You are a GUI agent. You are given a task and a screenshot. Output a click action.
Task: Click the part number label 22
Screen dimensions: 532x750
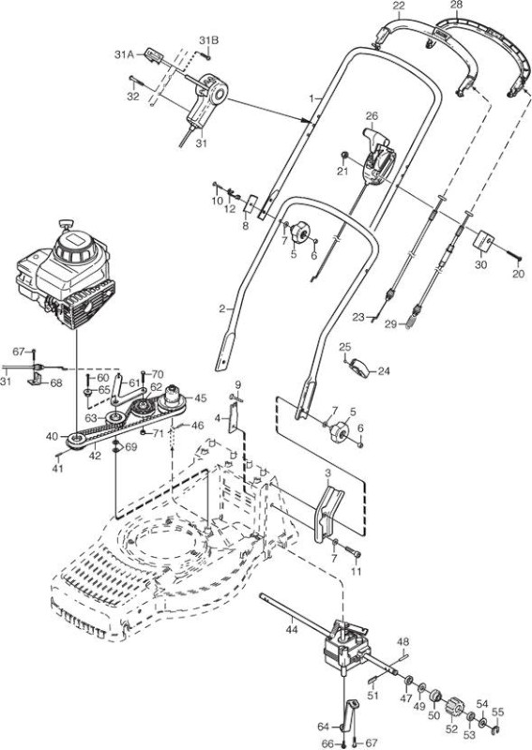[x=399, y=6]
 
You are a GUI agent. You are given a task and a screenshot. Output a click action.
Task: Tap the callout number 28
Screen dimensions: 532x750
[x=457, y=6]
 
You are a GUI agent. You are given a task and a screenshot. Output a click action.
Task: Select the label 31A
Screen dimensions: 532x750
[x=124, y=55]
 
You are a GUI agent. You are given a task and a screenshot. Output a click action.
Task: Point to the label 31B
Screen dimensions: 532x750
[x=208, y=40]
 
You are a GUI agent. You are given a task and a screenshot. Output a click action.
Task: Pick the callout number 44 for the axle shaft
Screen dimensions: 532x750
[x=292, y=629]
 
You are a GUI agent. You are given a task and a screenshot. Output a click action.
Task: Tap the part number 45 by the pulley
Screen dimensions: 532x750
[x=200, y=397]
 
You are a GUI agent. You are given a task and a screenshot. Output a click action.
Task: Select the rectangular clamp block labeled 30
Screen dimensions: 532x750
[x=483, y=241]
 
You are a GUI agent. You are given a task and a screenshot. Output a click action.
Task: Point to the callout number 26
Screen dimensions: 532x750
[x=372, y=115]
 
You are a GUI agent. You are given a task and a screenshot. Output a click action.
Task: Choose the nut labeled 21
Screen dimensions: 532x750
[x=343, y=155]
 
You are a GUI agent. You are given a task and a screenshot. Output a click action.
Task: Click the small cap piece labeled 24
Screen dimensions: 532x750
[x=359, y=367]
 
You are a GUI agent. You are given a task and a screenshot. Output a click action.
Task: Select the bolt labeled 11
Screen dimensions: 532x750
[x=354, y=553]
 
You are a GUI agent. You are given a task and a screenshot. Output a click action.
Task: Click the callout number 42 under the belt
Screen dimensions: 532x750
[x=95, y=456]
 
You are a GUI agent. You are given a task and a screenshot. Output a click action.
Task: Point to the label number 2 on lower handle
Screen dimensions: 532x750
[x=221, y=308]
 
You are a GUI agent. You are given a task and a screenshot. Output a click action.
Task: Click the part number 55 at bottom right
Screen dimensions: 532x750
[x=498, y=712]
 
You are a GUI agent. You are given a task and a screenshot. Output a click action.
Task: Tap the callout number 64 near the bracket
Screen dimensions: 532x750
[x=323, y=727]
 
